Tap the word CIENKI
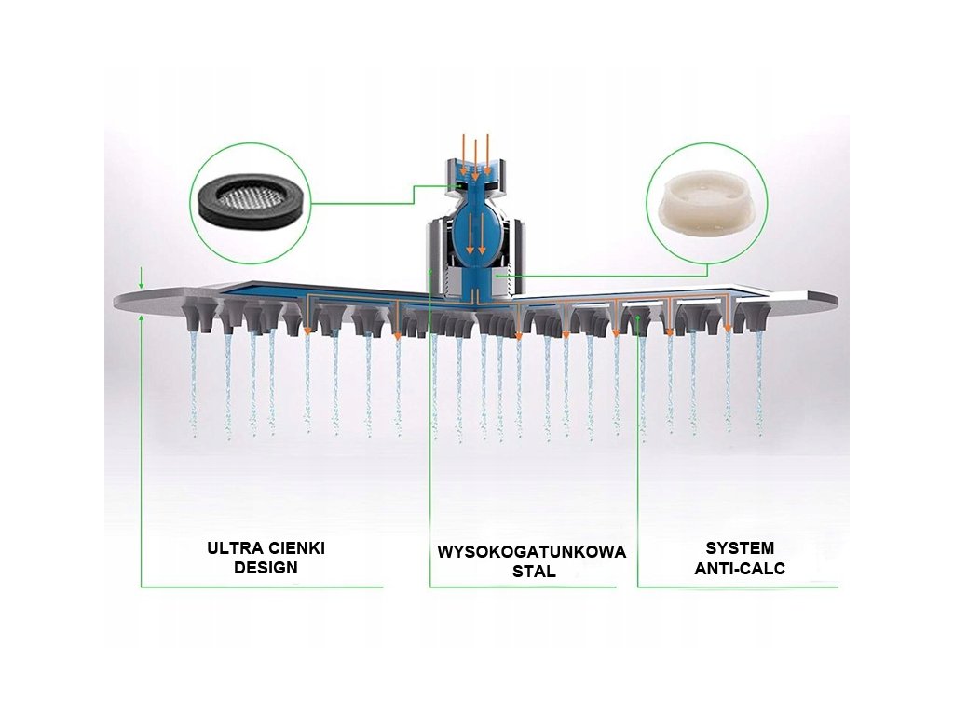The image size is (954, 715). coord(299,548)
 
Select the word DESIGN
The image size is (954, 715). coord(266,567)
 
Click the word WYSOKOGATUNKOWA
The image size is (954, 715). coord(532,552)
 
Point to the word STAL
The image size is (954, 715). coord(534,572)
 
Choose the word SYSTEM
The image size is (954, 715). coord(740,548)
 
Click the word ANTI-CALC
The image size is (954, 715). coord(740,568)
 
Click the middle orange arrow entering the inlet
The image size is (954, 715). coord(475,158)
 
